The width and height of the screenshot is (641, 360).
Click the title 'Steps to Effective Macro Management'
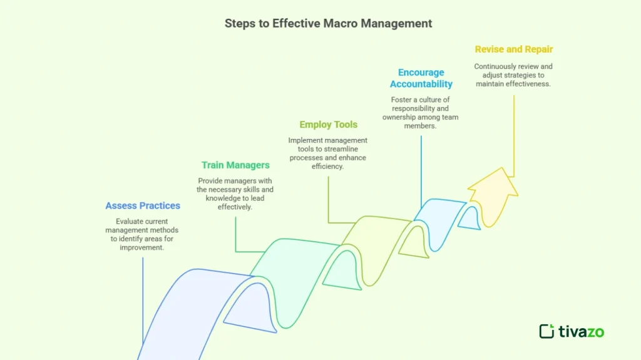pos(328,24)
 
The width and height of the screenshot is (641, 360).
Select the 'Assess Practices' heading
pos(143,205)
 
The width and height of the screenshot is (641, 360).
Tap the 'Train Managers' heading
pos(235,165)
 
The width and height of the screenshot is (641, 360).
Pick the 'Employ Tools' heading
pos(328,125)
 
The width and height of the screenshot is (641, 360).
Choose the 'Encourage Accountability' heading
pos(421,78)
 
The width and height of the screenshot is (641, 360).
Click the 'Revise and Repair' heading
pos(513,49)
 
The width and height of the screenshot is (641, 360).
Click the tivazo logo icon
pos(546,331)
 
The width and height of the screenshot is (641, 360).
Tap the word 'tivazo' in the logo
pos(581,331)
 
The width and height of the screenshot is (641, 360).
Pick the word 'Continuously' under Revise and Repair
pos(495,66)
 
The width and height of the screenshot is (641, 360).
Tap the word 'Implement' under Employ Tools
pos(304,140)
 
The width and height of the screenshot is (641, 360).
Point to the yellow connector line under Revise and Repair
pos(514,138)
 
